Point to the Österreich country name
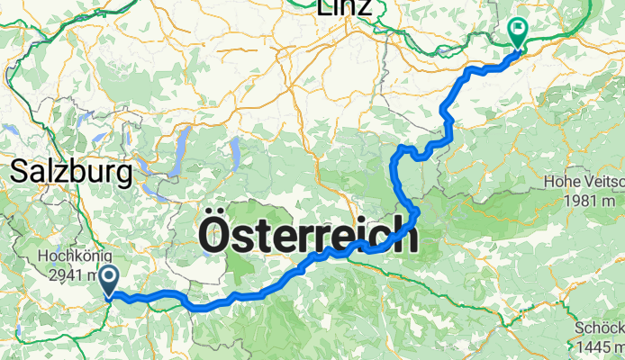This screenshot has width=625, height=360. coord(307,237)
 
